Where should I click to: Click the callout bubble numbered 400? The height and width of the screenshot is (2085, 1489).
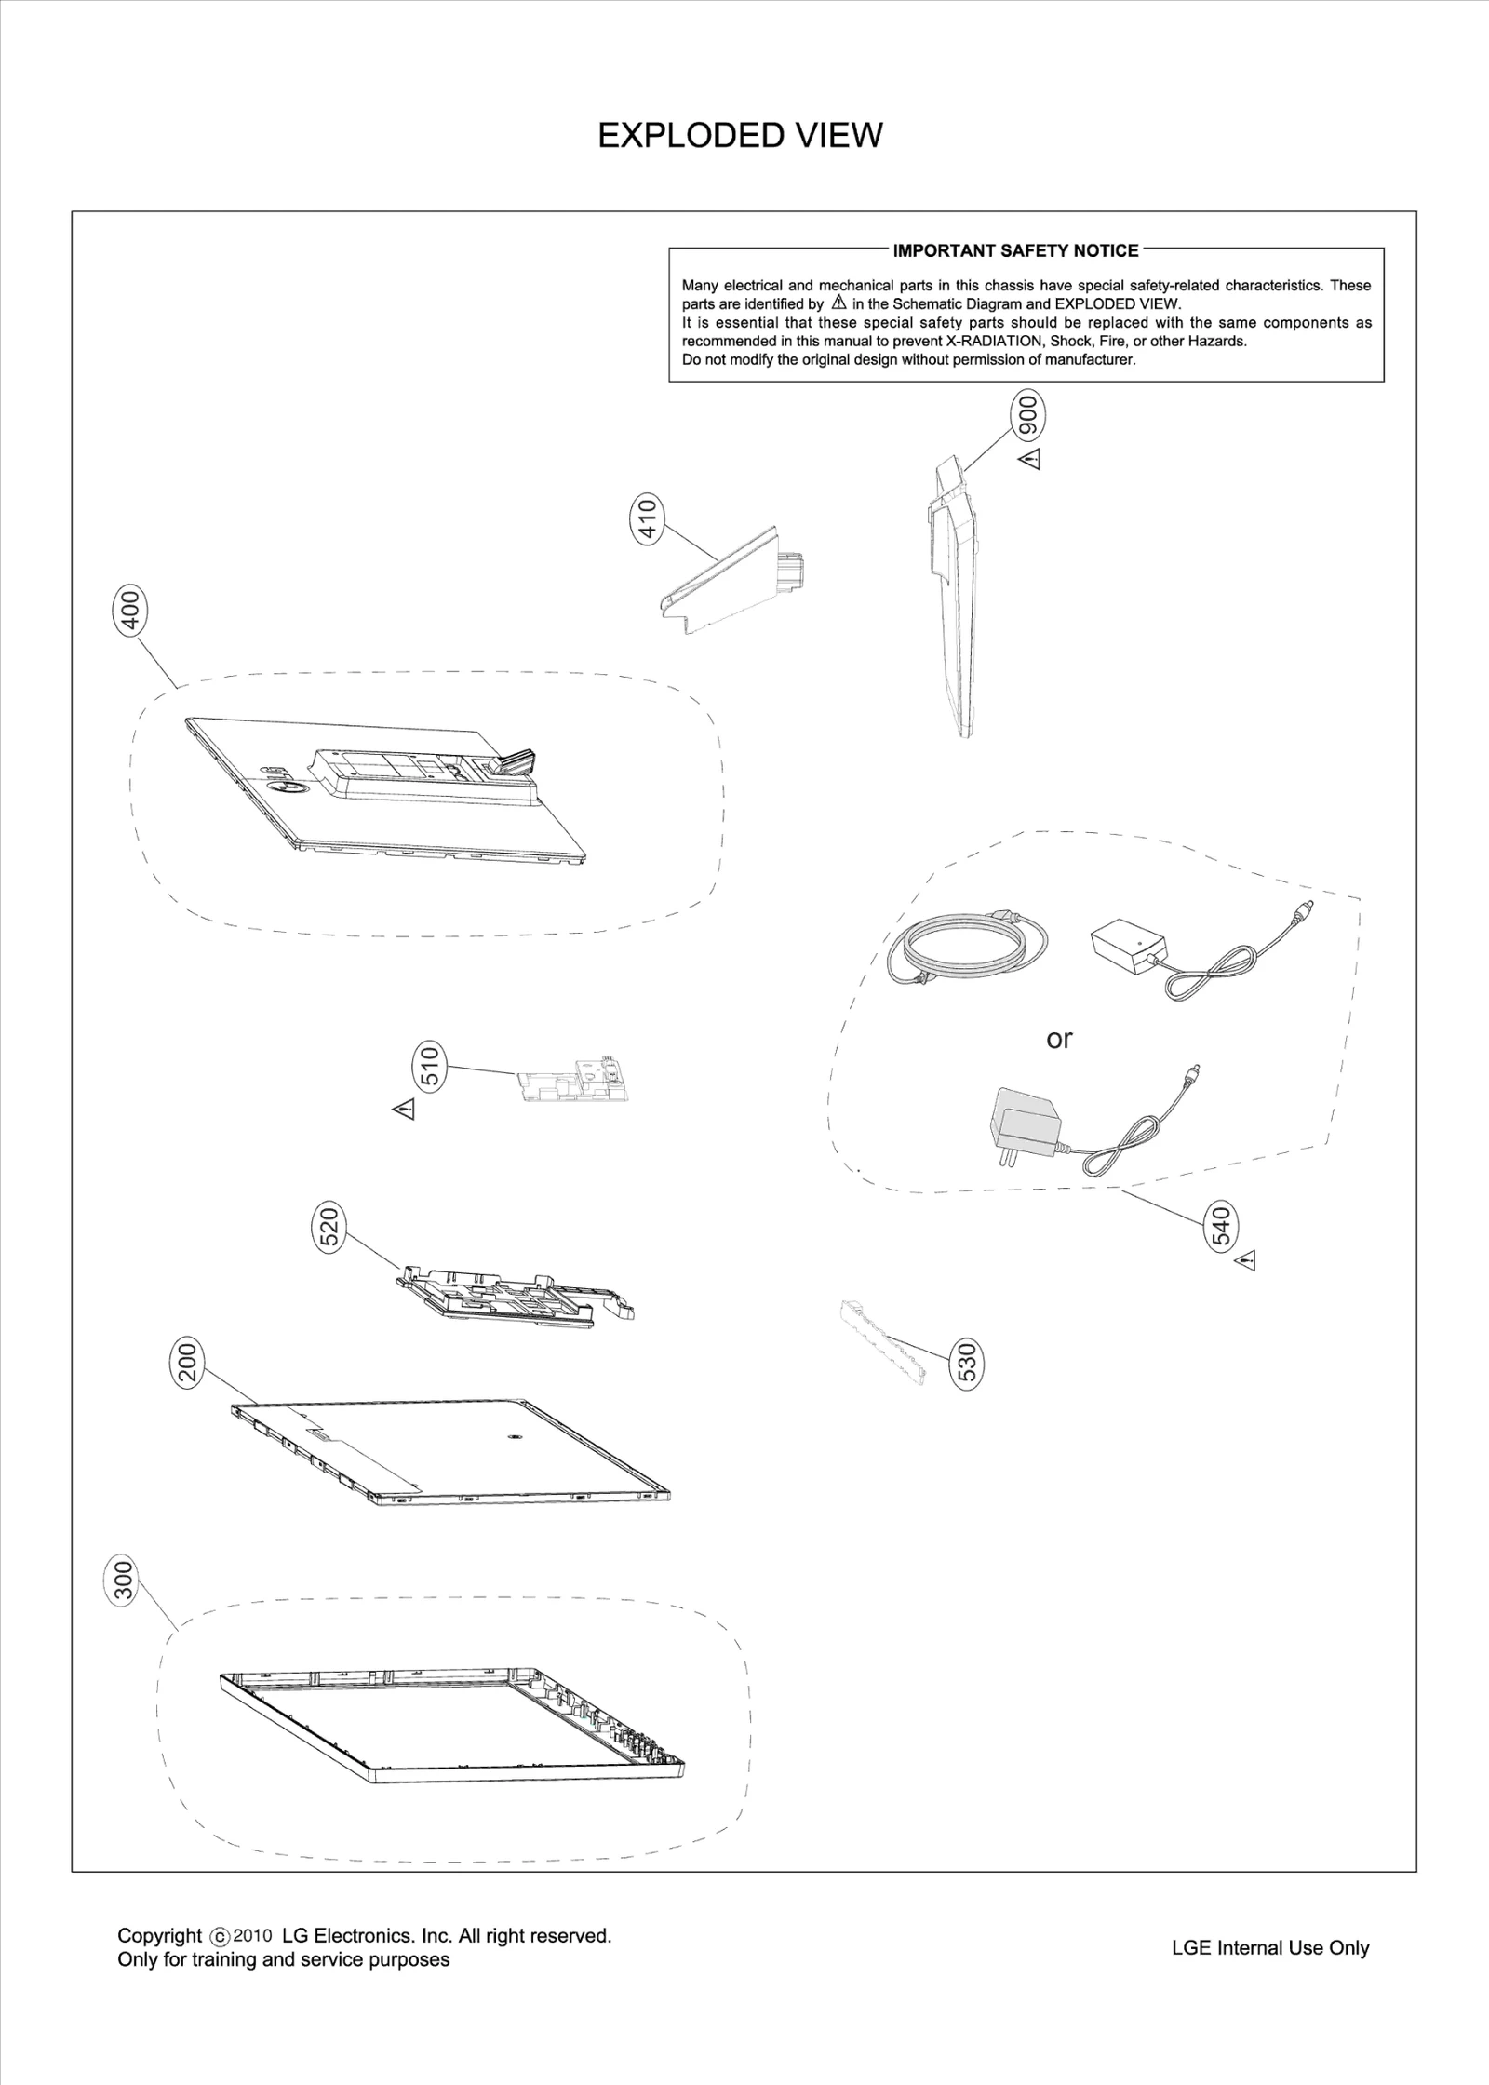coord(131,611)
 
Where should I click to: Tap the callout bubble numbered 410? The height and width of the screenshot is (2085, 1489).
coord(648,519)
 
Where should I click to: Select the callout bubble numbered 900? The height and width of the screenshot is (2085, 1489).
coord(1027,414)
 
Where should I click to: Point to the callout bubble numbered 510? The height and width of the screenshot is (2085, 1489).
coord(430,1067)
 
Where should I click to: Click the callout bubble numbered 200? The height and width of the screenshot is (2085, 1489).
coord(188,1362)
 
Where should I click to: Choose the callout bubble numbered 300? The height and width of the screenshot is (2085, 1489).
coord(123,1580)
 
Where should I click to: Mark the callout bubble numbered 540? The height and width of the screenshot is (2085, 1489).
coord(1221,1226)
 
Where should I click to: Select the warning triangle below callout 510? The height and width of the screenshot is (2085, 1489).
coord(403,1109)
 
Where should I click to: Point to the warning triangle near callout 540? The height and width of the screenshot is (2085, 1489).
coord(1246,1261)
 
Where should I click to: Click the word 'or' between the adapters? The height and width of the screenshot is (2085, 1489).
coord(1059,1039)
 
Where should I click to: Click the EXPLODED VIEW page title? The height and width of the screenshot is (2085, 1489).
coord(740,136)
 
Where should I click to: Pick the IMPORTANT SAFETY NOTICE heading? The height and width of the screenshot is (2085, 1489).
coord(1015,250)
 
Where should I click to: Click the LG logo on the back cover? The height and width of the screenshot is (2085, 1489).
coord(284,780)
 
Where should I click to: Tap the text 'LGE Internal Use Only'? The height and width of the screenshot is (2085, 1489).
coord(1269,1948)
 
